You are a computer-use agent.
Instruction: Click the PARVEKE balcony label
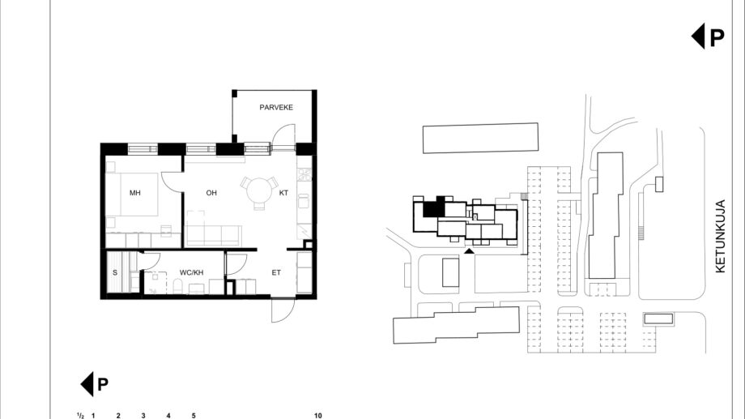click(x=276, y=108)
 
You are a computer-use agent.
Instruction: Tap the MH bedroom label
click(x=135, y=193)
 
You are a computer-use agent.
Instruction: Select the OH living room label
click(x=211, y=193)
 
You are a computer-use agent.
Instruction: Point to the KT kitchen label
click(x=283, y=193)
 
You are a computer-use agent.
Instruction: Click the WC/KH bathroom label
click(x=191, y=272)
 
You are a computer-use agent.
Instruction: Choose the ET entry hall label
click(x=276, y=272)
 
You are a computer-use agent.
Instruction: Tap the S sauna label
click(x=115, y=272)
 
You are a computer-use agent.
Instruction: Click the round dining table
click(x=259, y=190)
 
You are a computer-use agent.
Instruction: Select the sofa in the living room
click(x=213, y=235)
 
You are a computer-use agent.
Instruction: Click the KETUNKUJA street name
click(x=721, y=237)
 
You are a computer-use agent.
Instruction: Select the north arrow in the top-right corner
click(x=708, y=36)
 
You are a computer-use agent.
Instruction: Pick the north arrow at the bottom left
click(x=94, y=384)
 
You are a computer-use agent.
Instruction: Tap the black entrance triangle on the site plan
click(x=469, y=250)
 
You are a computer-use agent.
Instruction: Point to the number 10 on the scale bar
click(x=318, y=416)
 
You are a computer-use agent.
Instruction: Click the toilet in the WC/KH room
click(x=178, y=286)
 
